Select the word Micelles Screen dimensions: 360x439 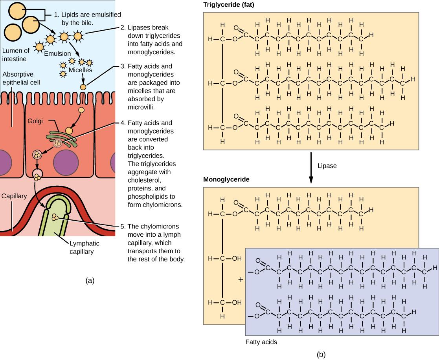(82, 70)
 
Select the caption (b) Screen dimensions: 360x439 (321, 354)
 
